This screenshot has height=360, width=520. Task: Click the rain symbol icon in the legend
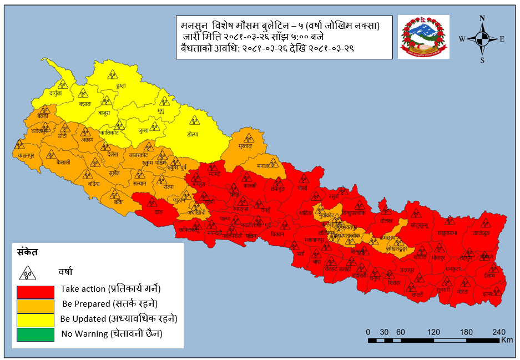click(28, 272)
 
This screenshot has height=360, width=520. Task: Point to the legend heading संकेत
click(28, 252)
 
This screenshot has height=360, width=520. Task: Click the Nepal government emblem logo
click(425, 37)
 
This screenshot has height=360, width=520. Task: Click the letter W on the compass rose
click(462, 39)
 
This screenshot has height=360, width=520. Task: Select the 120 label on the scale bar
click(434, 331)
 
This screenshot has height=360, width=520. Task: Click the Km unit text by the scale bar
click(506, 339)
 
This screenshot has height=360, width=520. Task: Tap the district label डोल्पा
click(193, 134)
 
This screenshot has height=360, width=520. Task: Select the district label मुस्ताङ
click(244, 146)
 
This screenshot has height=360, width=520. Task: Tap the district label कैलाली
click(63, 164)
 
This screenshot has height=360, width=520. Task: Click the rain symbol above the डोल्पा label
click(193, 119)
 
